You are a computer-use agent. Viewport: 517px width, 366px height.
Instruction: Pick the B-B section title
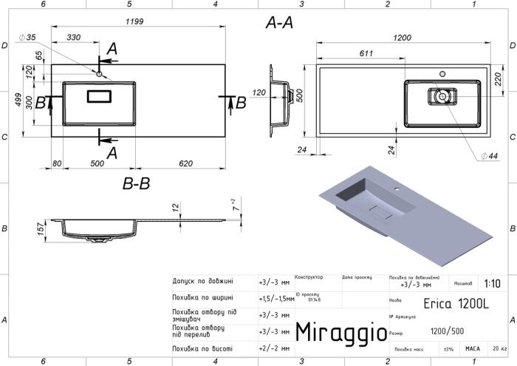[x=135, y=183]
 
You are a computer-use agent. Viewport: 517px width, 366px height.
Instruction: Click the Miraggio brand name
[x=340, y=332]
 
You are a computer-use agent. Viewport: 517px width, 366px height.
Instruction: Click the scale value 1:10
[x=491, y=283]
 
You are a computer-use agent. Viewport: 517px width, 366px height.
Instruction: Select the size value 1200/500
[x=448, y=332]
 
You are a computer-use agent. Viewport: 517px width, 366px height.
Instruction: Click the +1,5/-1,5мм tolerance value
[x=274, y=298]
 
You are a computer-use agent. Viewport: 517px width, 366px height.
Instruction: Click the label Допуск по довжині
[x=202, y=282]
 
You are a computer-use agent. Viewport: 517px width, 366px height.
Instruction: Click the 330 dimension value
[x=74, y=37]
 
